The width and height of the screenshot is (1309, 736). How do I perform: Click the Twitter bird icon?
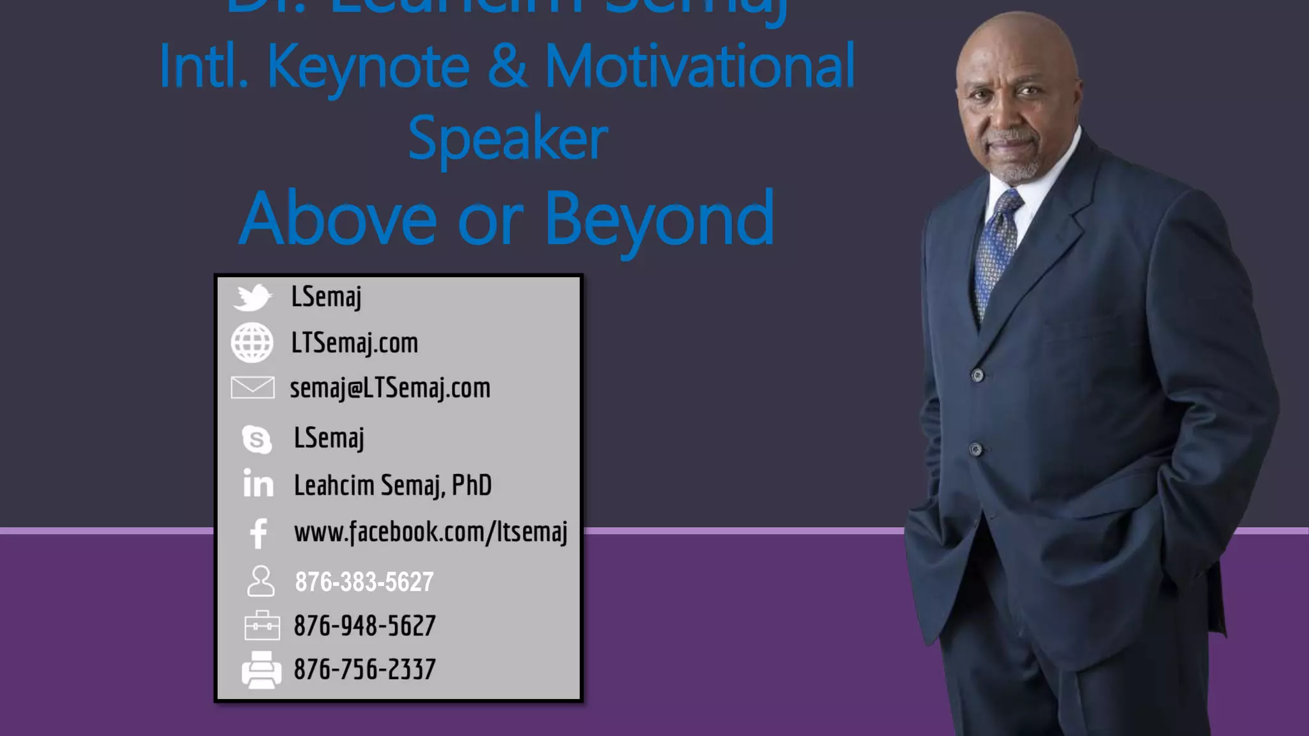[x=253, y=298]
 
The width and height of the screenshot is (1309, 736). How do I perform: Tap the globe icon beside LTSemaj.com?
[x=252, y=343]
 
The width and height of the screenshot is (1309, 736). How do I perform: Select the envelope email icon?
[x=252, y=388]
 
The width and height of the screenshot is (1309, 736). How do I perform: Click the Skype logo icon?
[x=257, y=440]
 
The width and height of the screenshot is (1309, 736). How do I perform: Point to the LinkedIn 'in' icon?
[x=258, y=484]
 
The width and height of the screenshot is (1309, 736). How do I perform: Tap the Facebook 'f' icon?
[x=259, y=533]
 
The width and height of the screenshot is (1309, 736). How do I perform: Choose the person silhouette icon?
[x=261, y=581]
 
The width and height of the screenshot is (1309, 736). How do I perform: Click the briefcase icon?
[x=262, y=625]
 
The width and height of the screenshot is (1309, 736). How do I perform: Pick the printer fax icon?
[x=261, y=670]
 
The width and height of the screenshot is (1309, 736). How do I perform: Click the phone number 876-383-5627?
[x=364, y=582]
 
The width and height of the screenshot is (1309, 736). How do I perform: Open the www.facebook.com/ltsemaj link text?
[x=430, y=532]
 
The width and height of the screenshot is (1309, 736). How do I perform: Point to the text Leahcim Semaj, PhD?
[x=392, y=485]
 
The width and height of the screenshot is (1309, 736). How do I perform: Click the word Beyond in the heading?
[x=659, y=219]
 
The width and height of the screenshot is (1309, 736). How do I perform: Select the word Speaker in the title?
[x=507, y=139]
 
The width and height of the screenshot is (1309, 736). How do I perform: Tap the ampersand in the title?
[x=507, y=66]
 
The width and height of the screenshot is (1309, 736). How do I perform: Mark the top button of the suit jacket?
[x=977, y=375]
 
